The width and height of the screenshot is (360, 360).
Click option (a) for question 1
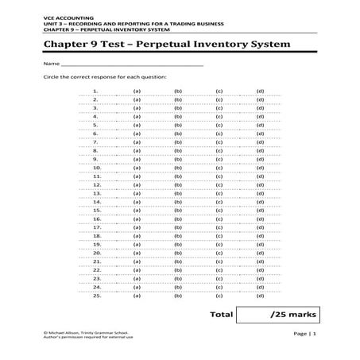coord(137,91)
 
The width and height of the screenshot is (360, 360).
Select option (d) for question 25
coord(260,296)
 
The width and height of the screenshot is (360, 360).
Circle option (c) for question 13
coord(218,193)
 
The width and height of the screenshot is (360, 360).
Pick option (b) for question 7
coord(178,142)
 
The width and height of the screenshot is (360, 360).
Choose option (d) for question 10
coord(260,168)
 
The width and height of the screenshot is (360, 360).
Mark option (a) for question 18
coord(137,236)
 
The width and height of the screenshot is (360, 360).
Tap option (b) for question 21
coord(178,261)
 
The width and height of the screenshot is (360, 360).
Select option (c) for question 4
coord(218,117)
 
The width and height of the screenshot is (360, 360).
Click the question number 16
coord(97,219)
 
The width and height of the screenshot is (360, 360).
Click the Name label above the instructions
coord(52,63)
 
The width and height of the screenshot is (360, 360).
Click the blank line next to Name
coord(132,64)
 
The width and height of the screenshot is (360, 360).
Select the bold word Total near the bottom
coord(221,315)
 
